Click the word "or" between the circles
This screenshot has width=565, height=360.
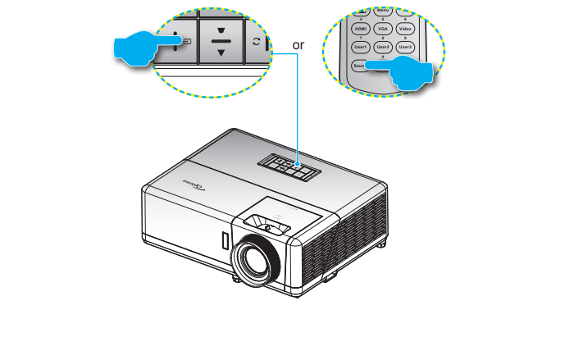pyautogui.click(x=298, y=45)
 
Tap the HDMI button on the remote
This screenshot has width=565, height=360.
pyautogui.click(x=360, y=28)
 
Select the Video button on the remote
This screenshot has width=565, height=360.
pyautogui.click(x=404, y=28)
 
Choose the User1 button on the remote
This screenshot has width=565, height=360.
pyautogui.click(x=360, y=48)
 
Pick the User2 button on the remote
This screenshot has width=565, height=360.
pyautogui.click(x=382, y=48)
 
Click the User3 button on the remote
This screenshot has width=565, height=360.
pyautogui.click(x=404, y=48)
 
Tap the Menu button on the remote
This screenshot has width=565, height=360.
pyautogui.click(x=382, y=11)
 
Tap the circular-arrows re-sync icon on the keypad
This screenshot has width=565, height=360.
pyautogui.click(x=256, y=41)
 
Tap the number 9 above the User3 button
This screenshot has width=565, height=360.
pyautogui.click(x=404, y=39)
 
